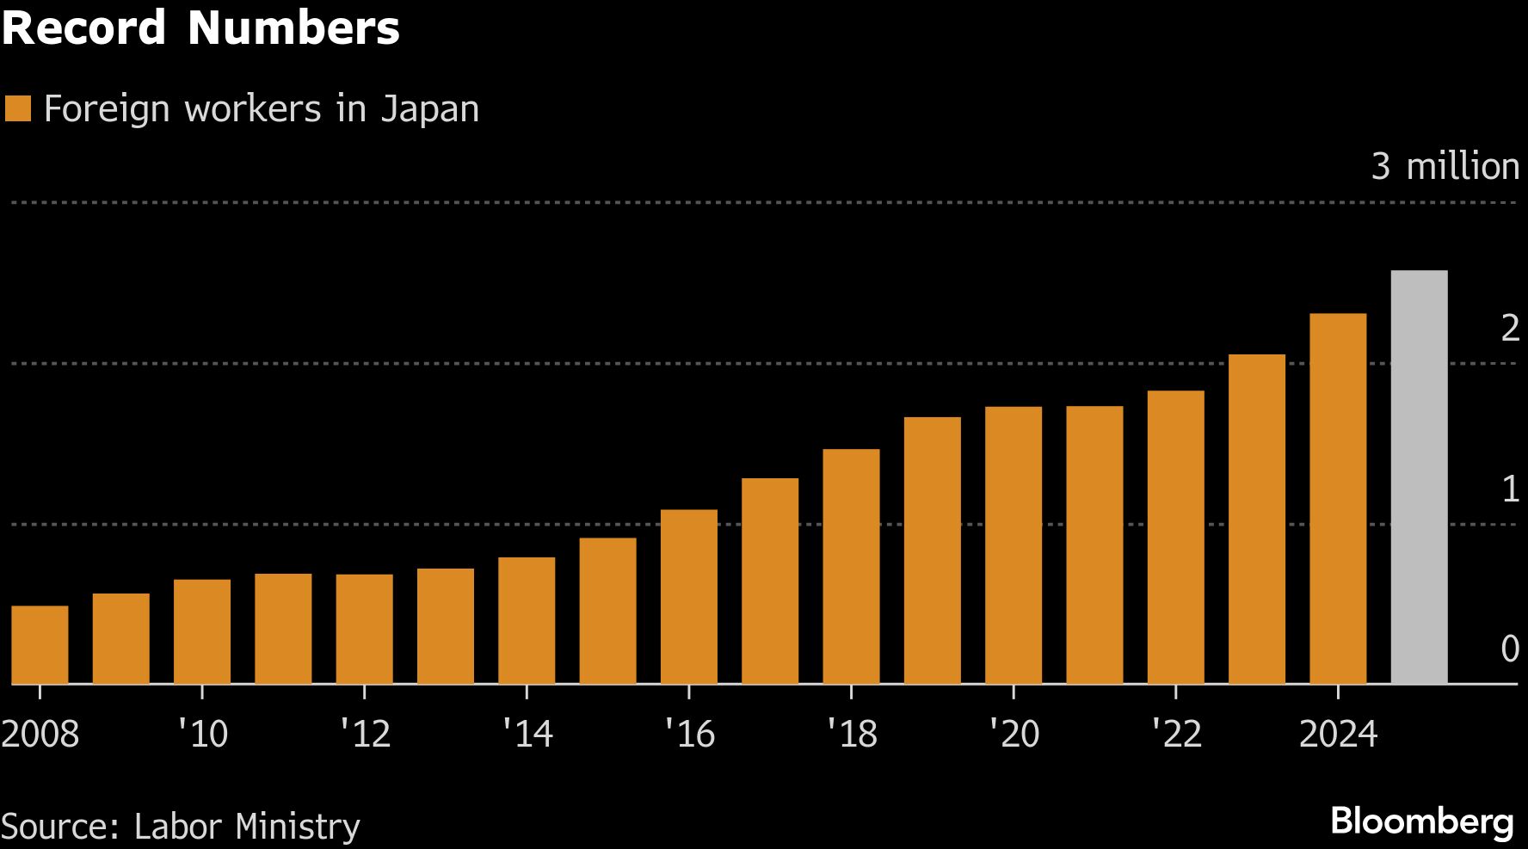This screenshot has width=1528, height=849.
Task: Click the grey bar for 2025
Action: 1419,477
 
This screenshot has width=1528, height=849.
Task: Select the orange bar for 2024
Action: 1338,499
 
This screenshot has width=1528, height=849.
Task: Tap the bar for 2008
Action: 40,645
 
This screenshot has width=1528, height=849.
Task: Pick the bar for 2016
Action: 689,597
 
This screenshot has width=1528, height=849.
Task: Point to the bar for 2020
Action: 1014,545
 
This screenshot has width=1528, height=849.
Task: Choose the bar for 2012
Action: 365,629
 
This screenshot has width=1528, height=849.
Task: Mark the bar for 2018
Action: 851,567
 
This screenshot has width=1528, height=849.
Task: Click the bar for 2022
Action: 1175,538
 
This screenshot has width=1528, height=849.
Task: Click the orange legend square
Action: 18,109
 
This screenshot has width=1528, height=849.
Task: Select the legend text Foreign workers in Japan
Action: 261,109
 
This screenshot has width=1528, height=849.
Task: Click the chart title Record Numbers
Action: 200,28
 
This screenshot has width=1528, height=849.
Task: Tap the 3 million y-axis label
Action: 1445,166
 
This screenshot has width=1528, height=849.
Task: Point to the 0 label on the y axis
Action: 1509,649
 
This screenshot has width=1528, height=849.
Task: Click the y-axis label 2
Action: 1509,328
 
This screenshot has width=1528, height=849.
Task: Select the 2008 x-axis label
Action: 40,734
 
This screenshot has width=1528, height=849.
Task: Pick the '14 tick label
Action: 527,734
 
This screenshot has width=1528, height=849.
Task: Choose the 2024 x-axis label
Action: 1338,734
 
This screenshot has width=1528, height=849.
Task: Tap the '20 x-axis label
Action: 1014,734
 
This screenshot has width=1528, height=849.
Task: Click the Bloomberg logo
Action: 1421,821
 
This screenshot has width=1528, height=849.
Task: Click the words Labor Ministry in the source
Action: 247,826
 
